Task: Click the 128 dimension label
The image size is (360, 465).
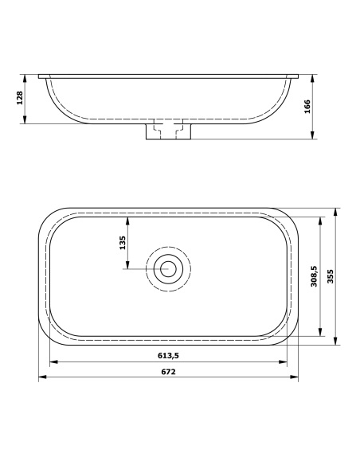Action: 20,99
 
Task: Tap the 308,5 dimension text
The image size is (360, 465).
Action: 315,277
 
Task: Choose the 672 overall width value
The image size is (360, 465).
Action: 167,371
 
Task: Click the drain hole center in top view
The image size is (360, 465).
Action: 168,269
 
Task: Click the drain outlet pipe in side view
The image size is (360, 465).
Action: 168,131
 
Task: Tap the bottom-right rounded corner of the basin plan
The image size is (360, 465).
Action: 288,336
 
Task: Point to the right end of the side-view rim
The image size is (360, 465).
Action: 297,76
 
